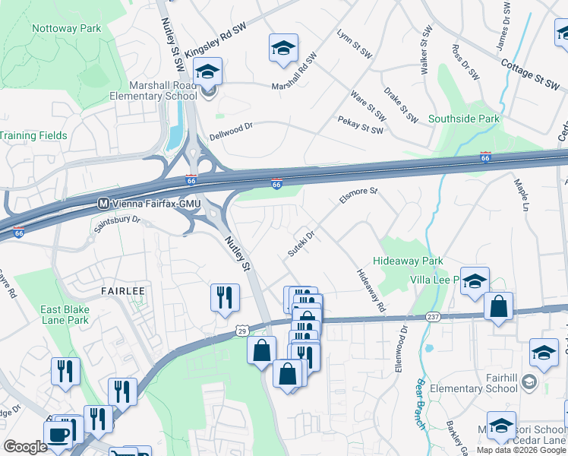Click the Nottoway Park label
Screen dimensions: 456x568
[x=66, y=29]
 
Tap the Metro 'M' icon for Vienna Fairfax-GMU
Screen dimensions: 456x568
[x=105, y=204]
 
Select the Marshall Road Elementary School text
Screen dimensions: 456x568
[x=153, y=91]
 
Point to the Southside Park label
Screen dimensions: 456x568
[x=464, y=119]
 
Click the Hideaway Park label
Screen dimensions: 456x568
[x=411, y=261]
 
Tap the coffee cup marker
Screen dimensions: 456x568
[x=58, y=435]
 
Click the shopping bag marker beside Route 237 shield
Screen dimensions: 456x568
[x=498, y=307]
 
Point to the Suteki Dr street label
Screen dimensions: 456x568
[x=301, y=244]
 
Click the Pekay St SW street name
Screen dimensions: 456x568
[x=361, y=125]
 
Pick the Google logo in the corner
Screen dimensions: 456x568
[x=25, y=447]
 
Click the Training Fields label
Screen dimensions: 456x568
[x=34, y=136]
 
